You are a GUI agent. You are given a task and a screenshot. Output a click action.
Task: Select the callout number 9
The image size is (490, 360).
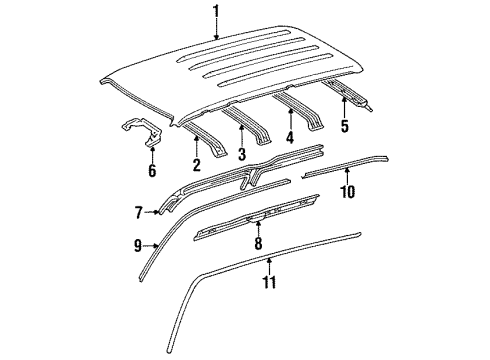coord(138,242)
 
